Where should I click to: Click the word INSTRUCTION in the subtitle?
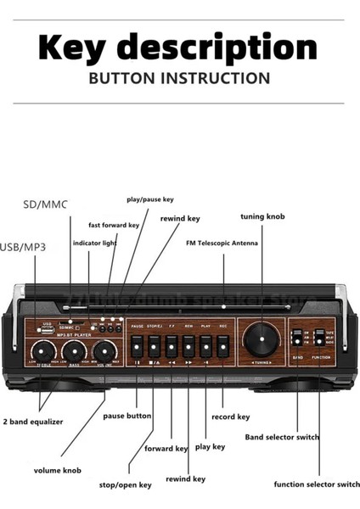tap(216, 78)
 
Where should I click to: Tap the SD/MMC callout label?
tap(45, 204)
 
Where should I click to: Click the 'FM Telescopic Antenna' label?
tap(224, 241)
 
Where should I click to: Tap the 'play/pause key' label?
tap(149, 199)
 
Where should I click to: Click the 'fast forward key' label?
tap(114, 225)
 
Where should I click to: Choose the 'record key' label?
tap(230, 417)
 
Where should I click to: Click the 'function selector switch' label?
tap(311, 484)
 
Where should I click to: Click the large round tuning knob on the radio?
tap(258, 339)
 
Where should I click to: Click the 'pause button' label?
tap(127, 416)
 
